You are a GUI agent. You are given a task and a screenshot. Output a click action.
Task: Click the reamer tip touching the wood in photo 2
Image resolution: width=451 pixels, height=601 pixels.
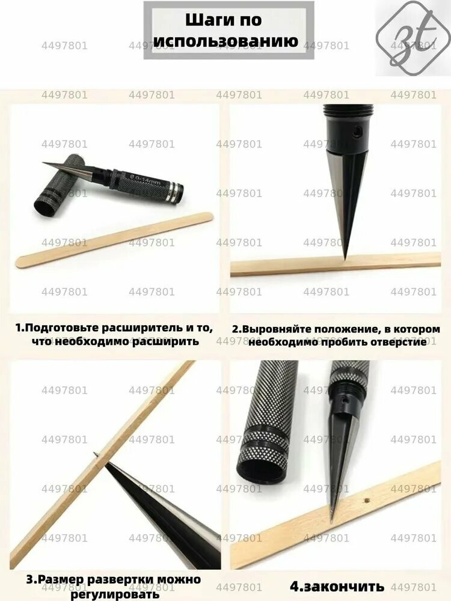pos(345,259)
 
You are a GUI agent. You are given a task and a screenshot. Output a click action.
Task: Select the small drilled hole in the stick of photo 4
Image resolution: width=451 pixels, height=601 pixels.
pos(367,500)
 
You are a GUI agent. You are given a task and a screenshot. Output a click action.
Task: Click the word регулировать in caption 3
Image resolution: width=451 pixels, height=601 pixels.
pos(115,594)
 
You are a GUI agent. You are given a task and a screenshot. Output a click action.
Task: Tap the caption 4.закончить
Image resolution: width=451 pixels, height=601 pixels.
pos(337,586)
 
